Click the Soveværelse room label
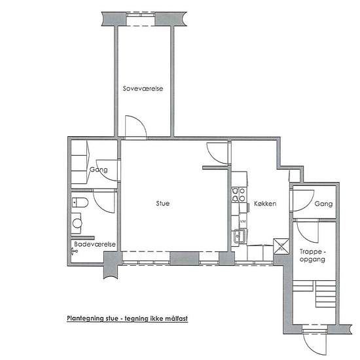tap(143, 88)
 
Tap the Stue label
tap(163, 203)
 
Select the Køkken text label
tap(265, 204)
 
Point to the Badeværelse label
tap(95, 244)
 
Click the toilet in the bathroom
tap(80, 203)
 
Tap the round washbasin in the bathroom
tap(77, 223)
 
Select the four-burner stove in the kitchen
tap(238, 194)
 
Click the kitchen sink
tap(240, 236)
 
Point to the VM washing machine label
tap(243, 221)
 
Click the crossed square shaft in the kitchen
tap(281, 246)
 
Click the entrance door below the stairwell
tap(314, 343)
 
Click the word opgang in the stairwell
tap(312, 260)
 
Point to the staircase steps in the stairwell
tap(315, 294)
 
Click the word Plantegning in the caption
tap(85, 319)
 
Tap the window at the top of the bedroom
tap(141, 19)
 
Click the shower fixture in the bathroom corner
tap(75, 251)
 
